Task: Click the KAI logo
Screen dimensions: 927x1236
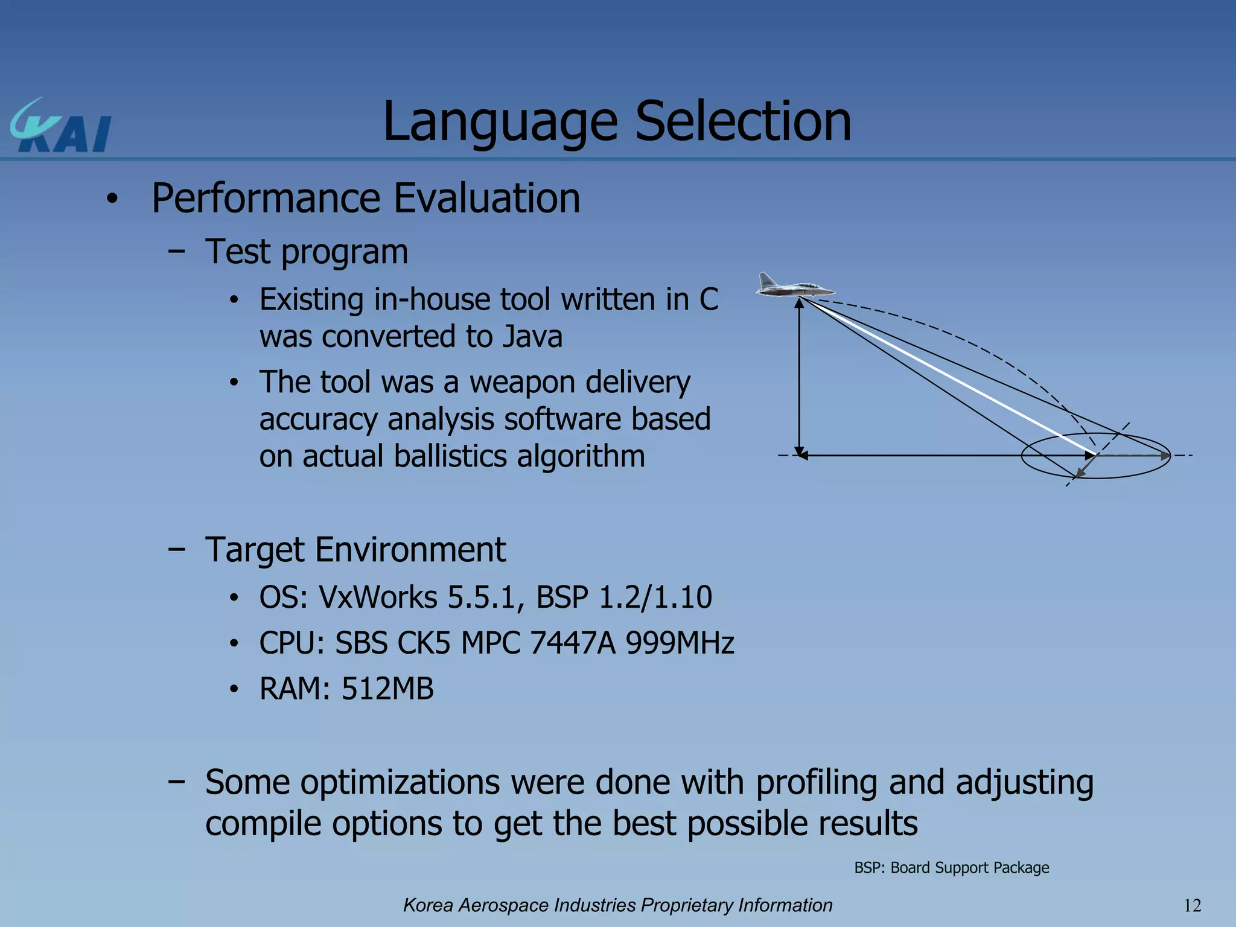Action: pos(60,127)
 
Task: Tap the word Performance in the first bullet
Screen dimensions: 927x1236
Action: pos(266,199)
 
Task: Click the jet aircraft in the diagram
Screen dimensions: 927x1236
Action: pos(794,286)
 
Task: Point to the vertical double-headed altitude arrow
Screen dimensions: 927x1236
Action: pos(799,377)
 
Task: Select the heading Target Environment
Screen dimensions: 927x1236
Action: pos(355,550)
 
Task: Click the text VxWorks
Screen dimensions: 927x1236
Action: pos(378,597)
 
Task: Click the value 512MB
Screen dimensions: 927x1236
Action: pos(387,689)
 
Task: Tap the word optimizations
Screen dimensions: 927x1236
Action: pos(400,782)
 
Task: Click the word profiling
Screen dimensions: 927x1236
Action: pos(816,782)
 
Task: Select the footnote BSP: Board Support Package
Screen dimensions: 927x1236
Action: pos(951,868)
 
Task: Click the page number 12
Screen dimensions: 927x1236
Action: pos(1192,905)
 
